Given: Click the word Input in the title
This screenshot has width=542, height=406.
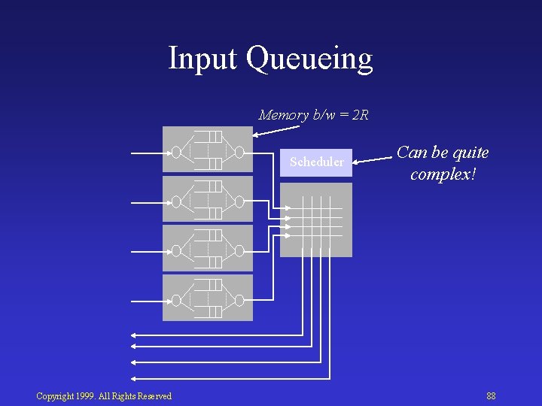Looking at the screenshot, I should (202, 58).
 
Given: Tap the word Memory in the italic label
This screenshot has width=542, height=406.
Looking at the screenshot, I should (283, 115).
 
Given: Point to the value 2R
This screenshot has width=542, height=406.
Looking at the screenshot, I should (360, 115).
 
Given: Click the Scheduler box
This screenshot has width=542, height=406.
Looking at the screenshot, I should (316, 162).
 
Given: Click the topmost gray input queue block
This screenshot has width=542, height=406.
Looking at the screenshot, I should (207, 150).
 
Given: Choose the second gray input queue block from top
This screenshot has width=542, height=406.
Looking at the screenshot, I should (207, 199).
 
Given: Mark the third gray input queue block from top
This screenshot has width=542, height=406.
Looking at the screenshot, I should (207, 249).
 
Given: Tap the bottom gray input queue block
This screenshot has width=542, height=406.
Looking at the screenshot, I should (207, 298).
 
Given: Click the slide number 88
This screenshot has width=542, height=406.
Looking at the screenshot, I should (491, 396).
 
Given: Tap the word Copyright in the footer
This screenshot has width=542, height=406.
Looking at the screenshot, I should (56, 396).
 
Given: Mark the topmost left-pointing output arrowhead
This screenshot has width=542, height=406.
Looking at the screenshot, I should (134, 333).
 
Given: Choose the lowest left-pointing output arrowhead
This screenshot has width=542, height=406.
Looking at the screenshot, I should (134, 378).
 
